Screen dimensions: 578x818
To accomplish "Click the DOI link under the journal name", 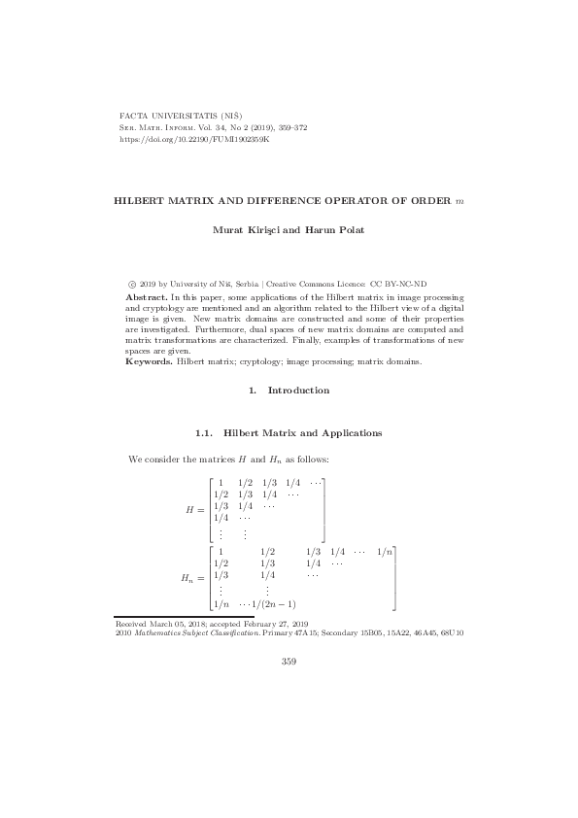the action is pos(193,140).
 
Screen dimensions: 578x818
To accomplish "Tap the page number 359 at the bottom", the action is pos(289,662).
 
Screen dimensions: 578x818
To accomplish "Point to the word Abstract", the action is pos(146,294).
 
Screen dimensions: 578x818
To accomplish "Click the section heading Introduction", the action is pos(298,390).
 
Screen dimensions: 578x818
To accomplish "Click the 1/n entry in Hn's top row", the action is pos(386,551).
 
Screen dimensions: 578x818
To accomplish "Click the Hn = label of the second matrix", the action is pos(191,578).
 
